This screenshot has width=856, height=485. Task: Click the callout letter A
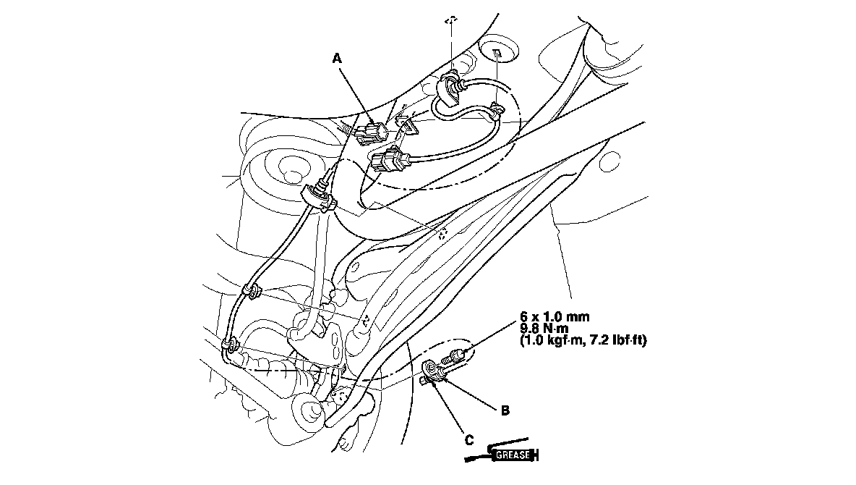pos(338,58)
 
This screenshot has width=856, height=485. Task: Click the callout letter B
pos(505,410)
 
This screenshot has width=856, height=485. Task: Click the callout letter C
pos(469,439)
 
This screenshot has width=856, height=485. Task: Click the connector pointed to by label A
pos(372,134)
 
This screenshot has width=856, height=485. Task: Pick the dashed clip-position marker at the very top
pos(451,21)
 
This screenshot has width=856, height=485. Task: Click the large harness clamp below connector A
pos(320,198)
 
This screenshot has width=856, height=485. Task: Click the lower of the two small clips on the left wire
pos(231,345)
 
